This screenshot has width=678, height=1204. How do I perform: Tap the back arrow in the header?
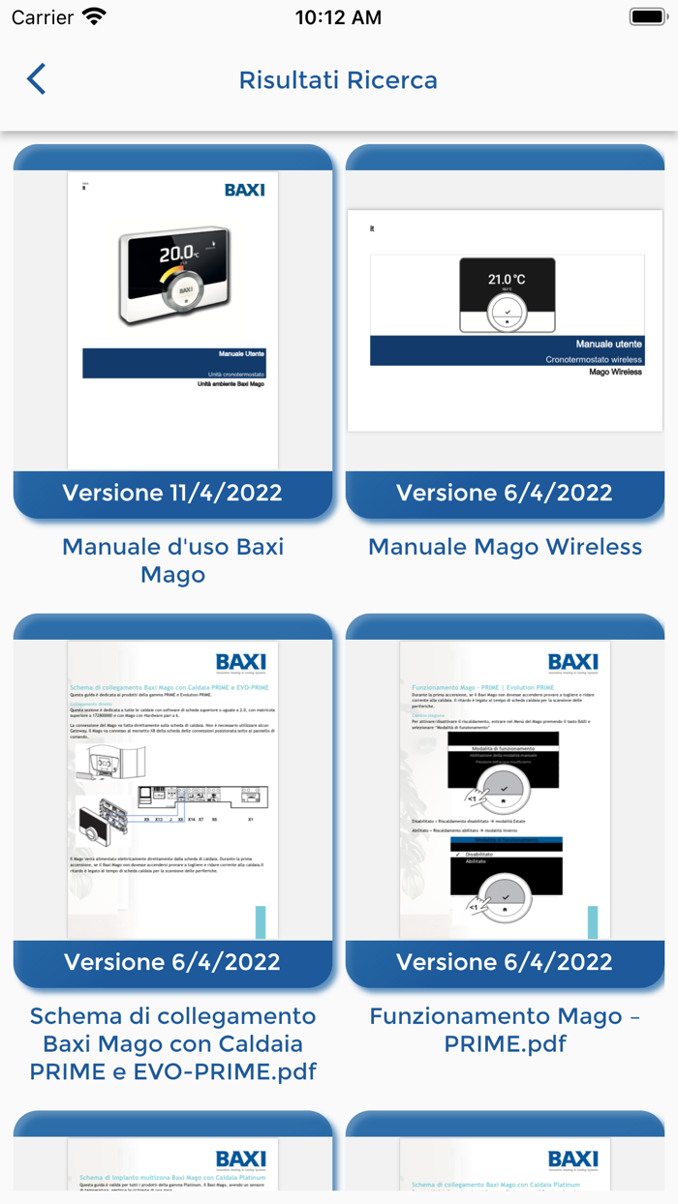coord(36,78)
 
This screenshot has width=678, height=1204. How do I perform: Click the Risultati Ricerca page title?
coord(338,79)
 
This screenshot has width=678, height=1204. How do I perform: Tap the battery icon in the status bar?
coord(646,17)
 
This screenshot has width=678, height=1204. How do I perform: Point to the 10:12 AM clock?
coord(338,17)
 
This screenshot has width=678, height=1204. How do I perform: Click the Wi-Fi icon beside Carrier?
coord(94,17)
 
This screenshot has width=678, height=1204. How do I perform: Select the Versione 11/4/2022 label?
coord(172,493)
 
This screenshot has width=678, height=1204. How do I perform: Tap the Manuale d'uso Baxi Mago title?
coord(172,560)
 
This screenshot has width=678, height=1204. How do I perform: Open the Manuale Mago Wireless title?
coord(505,547)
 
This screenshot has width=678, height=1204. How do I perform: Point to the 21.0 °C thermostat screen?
coord(507,280)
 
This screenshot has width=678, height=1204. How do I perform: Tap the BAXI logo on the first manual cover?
coord(244,190)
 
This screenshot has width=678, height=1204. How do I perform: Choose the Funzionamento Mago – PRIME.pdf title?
coord(505,1030)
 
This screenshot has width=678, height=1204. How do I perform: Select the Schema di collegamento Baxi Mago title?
coord(172,1043)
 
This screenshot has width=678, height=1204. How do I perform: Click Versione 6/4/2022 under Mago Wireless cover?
coord(505,493)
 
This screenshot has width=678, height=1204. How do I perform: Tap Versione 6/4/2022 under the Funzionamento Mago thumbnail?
coord(505,962)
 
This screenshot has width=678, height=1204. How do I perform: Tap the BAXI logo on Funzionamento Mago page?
coord(572,663)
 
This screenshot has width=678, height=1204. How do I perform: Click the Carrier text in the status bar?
coord(43,17)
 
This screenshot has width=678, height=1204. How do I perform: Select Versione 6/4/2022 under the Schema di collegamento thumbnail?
coord(172,962)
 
